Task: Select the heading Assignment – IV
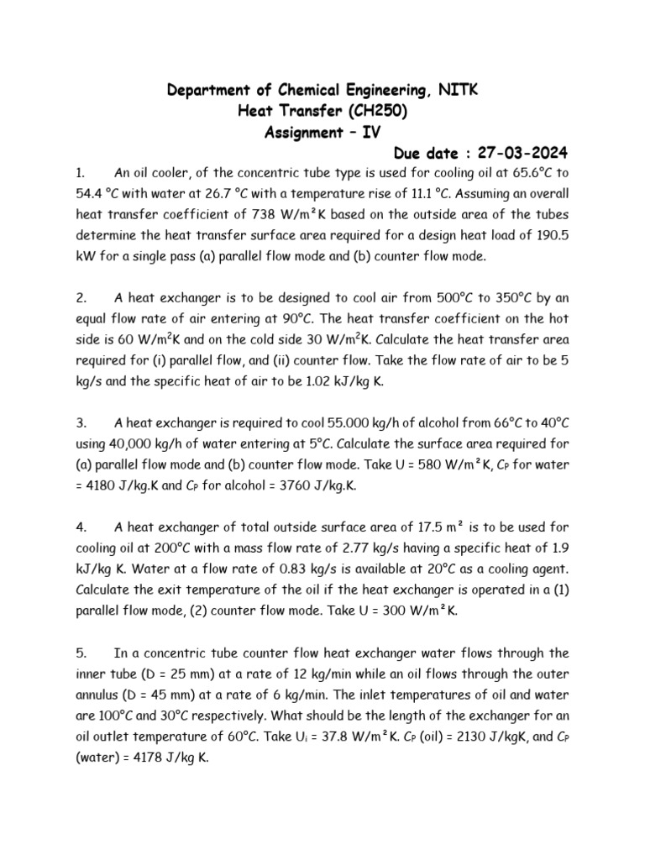(322, 132)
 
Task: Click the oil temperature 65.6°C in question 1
(532, 174)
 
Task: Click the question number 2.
(81, 296)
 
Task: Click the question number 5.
(81, 653)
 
